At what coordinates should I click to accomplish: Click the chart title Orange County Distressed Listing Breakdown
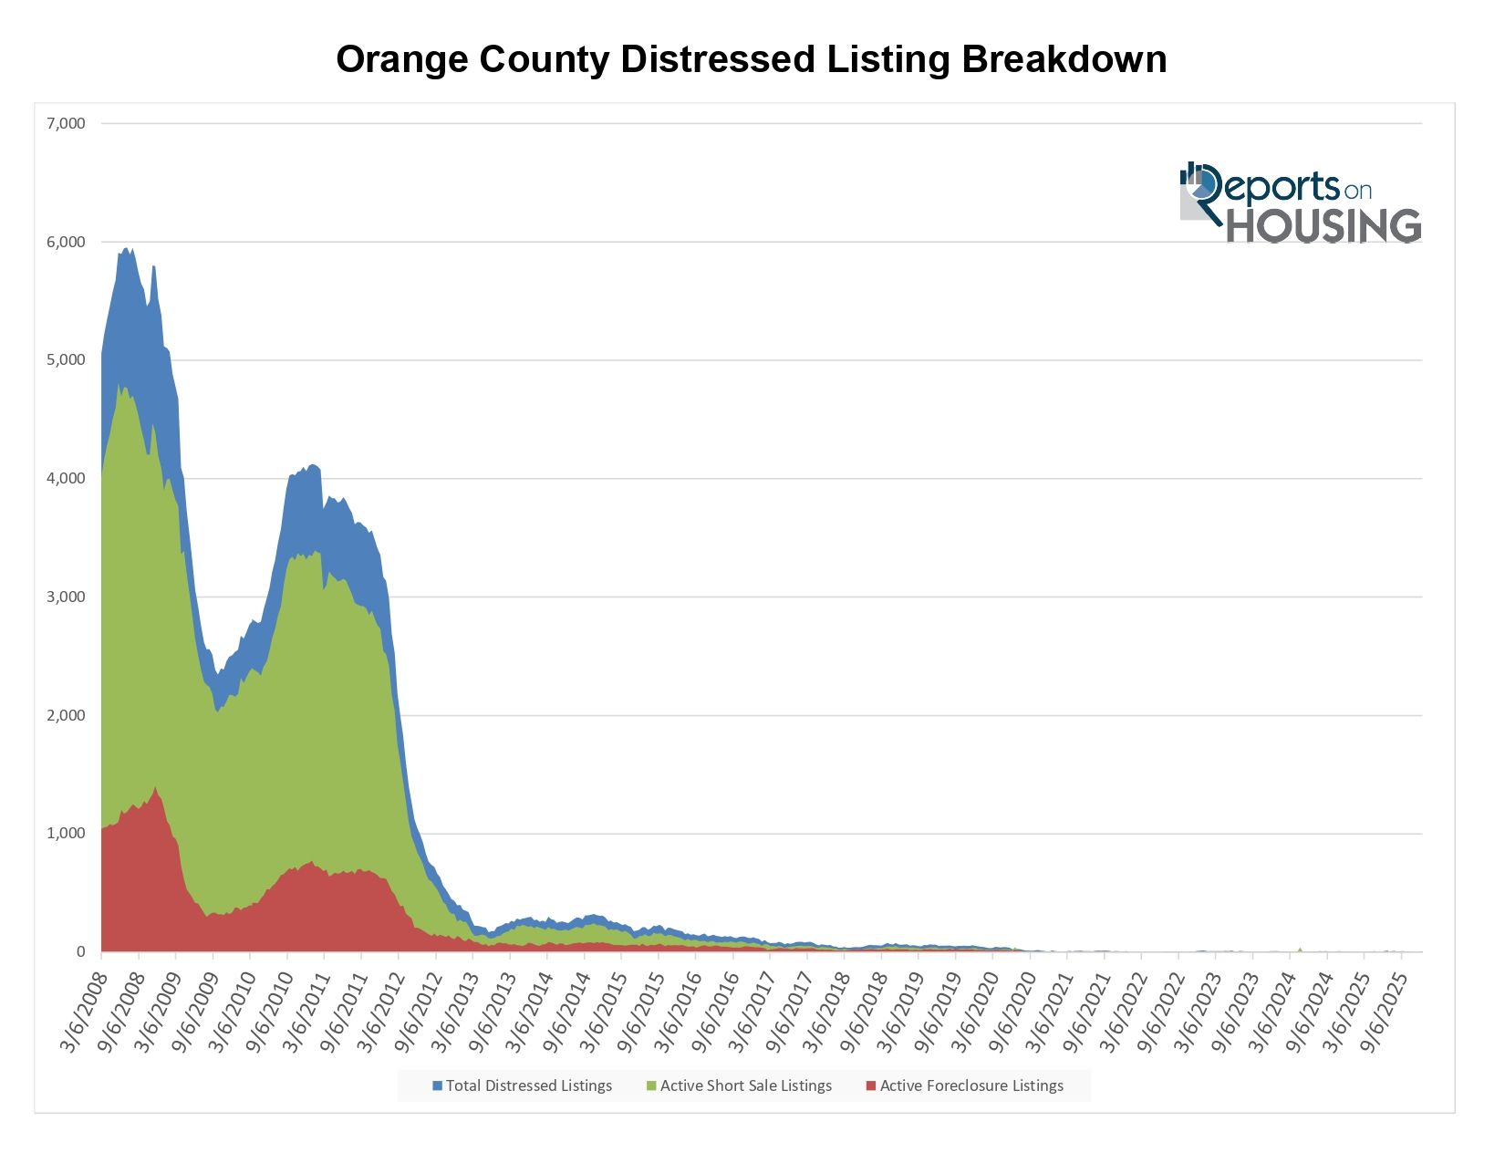coord(751,60)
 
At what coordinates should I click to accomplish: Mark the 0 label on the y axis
coord(80,951)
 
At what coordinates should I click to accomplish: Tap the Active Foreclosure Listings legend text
coord(970,1085)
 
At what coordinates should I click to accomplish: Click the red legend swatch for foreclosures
coord(871,1085)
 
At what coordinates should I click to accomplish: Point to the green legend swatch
coord(651,1085)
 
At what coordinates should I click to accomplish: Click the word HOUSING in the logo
coord(1323,226)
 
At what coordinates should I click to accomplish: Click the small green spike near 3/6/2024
coord(1300,949)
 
